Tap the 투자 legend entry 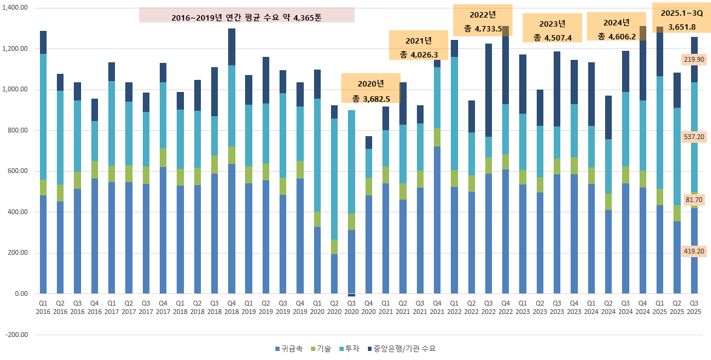[x=351, y=349]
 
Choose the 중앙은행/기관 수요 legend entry [x=399, y=349]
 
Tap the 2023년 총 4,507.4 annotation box [x=552, y=30]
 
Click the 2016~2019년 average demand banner [x=246, y=15]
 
